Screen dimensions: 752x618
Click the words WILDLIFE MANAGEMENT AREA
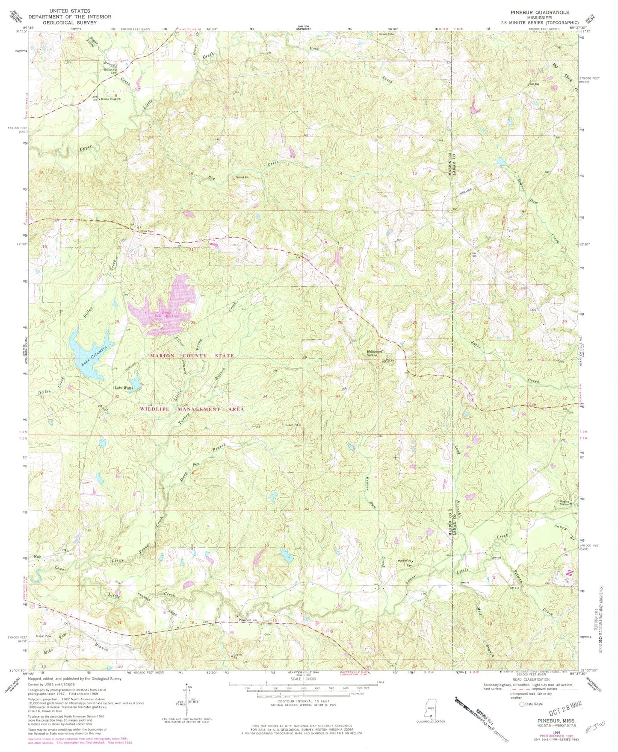pyautogui.click(x=192, y=409)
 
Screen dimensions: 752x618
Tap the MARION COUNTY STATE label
pyautogui.click(x=192, y=355)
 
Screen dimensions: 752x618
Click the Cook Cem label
pyautogui.click(x=147, y=232)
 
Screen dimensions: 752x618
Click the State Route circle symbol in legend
pyautogui.click(x=521, y=704)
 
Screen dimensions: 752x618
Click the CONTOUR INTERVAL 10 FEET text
pyautogui.click(x=303, y=702)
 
